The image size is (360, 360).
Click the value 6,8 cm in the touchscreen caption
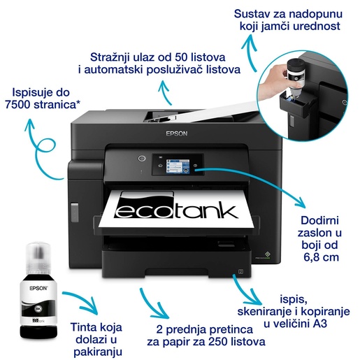pyautogui.click(x=320, y=258)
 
